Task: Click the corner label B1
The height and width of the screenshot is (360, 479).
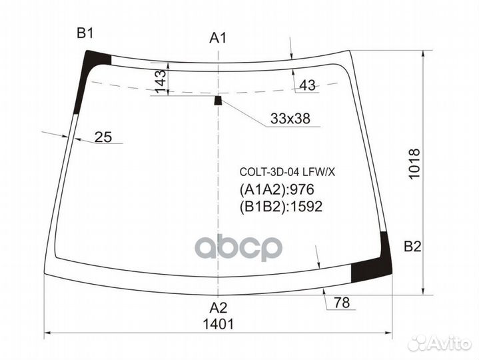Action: coord(85,33)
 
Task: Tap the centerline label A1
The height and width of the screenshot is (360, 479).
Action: coord(218,38)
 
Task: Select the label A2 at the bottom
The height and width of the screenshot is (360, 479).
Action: coord(218,308)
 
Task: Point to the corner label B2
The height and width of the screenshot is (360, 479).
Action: coord(412,246)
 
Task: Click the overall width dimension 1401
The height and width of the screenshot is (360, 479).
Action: coord(219,324)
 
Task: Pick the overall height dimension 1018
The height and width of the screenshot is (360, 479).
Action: coord(414,164)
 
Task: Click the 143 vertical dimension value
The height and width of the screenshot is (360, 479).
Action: coord(161,81)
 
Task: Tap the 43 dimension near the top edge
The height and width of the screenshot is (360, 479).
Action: coord(307,85)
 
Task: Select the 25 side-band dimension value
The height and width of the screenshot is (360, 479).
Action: coord(103,137)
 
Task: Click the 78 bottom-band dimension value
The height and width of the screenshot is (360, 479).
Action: coord(342,303)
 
